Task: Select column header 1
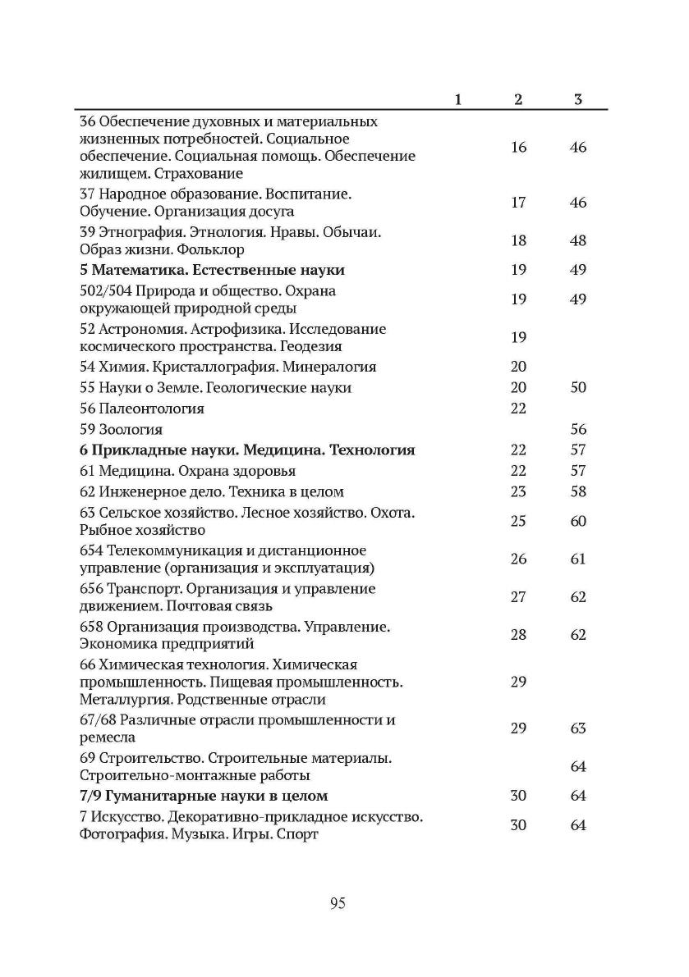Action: [457, 99]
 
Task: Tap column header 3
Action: [578, 99]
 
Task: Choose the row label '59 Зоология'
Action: [121, 429]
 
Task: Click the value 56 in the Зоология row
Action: [578, 429]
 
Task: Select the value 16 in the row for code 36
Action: [518, 148]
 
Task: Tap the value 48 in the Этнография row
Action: [578, 241]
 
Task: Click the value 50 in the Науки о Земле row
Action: [578, 387]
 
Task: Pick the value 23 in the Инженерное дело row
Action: [518, 492]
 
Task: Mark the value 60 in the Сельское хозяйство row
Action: [578, 522]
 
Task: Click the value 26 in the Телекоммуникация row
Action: [518, 559]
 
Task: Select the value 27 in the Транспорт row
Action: [518, 597]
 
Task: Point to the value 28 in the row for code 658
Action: [518, 635]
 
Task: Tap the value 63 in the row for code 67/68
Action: [578, 728]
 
